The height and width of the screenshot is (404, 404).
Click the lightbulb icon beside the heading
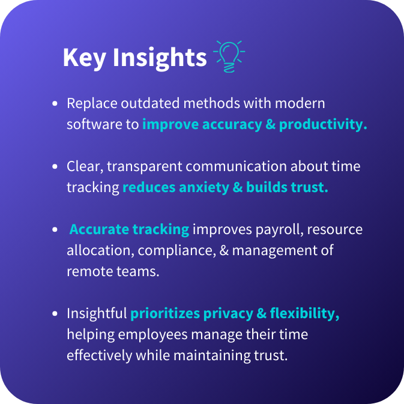229,56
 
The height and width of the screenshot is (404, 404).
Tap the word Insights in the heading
160,58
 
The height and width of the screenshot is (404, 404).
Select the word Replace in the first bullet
92,104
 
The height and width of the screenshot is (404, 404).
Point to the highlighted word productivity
323,125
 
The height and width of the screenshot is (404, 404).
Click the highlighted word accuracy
232,125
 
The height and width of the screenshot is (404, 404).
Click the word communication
237,166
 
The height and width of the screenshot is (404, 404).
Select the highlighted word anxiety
204,188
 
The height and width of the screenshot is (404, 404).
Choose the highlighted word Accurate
99,229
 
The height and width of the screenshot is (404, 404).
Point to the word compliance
177,251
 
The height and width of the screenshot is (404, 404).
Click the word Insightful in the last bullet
97,313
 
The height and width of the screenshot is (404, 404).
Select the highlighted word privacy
228,314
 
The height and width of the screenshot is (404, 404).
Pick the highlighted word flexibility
304,314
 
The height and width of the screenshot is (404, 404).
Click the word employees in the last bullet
153,335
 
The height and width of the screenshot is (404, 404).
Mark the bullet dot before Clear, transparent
55,166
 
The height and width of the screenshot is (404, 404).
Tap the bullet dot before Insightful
55,313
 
